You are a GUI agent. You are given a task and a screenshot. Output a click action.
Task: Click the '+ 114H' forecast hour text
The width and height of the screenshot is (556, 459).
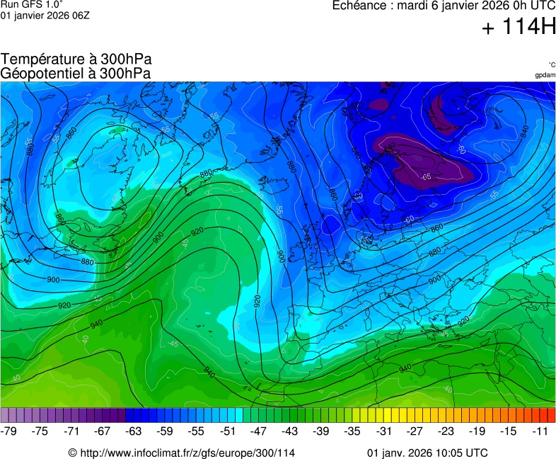pyautogui.click(x=519, y=28)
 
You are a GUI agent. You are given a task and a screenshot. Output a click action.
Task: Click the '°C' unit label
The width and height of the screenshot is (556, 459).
pyautogui.click(x=551, y=64)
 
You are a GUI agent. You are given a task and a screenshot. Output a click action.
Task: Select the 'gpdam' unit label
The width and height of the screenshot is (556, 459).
pyautogui.click(x=545, y=75)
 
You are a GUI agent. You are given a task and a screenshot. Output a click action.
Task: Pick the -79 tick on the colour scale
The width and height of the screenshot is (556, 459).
pyautogui.click(x=9, y=431)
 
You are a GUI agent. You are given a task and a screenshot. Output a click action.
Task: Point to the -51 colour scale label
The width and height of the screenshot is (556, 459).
pyautogui.click(x=228, y=431)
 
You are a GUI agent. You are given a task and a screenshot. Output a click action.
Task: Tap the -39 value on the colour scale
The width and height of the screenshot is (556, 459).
pyautogui.click(x=321, y=431)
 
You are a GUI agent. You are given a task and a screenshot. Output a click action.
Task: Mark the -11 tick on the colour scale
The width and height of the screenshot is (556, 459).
pyautogui.click(x=540, y=431)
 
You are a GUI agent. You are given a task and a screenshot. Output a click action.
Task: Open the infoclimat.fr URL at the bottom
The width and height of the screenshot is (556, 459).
pyautogui.click(x=187, y=453)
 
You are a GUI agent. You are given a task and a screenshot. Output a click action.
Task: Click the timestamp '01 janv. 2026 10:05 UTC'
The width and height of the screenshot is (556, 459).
pyautogui.click(x=427, y=453)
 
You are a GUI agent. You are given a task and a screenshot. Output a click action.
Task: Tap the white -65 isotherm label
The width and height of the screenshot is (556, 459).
pyautogui.click(x=425, y=176)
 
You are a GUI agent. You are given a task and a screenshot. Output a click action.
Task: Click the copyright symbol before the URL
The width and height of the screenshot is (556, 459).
pyautogui.click(x=72, y=453)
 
